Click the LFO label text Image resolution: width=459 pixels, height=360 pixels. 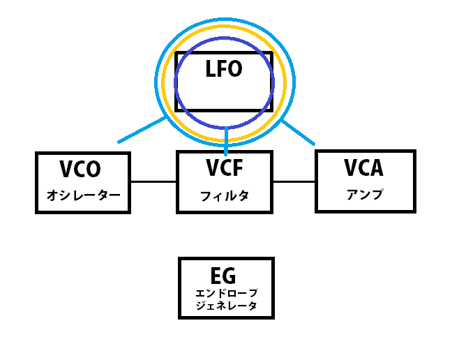(x=223, y=69)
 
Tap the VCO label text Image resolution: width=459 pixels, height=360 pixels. (x=80, y=170)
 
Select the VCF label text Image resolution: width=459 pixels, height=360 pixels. (x=224, y=169)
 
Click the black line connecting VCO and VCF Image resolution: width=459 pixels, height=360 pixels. (x=153, y=182)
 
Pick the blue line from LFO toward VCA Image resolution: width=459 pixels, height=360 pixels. (x=299, y=134)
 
